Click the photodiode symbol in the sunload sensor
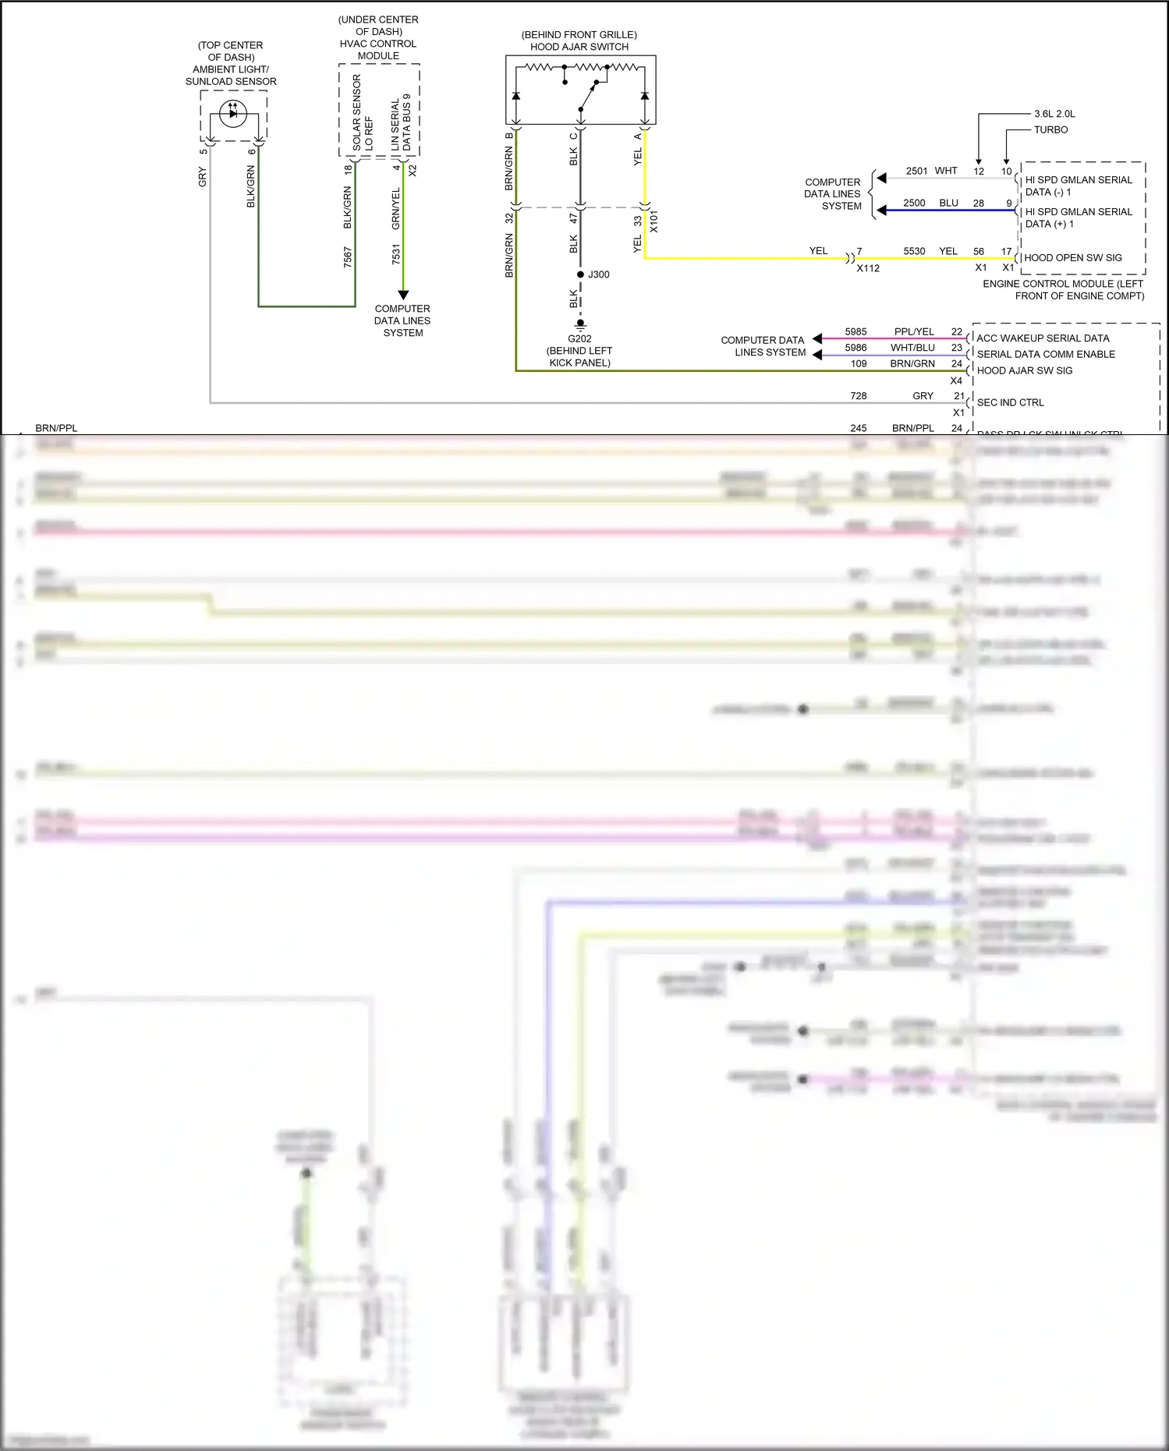[x=232, y=114]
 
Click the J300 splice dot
[x=580, y=274]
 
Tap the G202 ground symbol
[x=580, y=324]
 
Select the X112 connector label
[x=868, y=268]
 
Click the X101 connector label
[x=654, y=221]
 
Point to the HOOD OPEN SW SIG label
[x=1072, y=258]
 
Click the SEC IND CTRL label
[x=1010, y=402]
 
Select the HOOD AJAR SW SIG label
[x=1024, y=370]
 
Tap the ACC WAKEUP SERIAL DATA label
[x=1043, y=338]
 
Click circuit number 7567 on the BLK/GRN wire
[x=348, y=257]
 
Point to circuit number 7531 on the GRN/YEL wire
[x=396, y=254]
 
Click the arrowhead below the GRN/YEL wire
[x=403, y=295]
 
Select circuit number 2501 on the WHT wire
[x=916, y=171]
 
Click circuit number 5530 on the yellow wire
[x=914, y=251]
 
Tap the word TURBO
[x=1050, y=130]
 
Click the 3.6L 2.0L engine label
[x=1054, y=114]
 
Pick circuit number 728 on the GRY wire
[x=858, y=396]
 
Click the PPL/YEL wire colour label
[x=914, y=331]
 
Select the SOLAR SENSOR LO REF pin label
[x=363, y=113]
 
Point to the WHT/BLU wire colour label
[x=912, y=348]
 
